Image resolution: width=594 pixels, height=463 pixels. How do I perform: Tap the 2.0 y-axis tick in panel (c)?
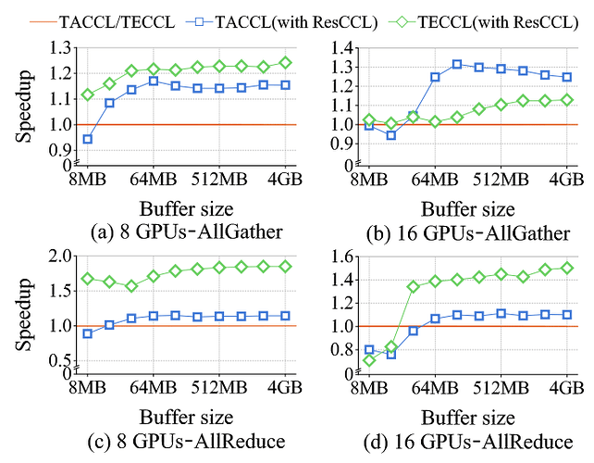(x=59, y=256)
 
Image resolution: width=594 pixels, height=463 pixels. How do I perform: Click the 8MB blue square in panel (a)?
(x=88, y=139)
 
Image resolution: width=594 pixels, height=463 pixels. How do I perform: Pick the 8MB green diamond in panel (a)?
(x=88, y=94)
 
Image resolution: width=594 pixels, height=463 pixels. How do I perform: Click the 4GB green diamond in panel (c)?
(x=284, y=266)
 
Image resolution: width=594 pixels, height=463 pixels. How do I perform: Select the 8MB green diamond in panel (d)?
(x=370, y=360)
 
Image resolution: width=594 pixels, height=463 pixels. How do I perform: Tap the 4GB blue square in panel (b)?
(x=567, y=77)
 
